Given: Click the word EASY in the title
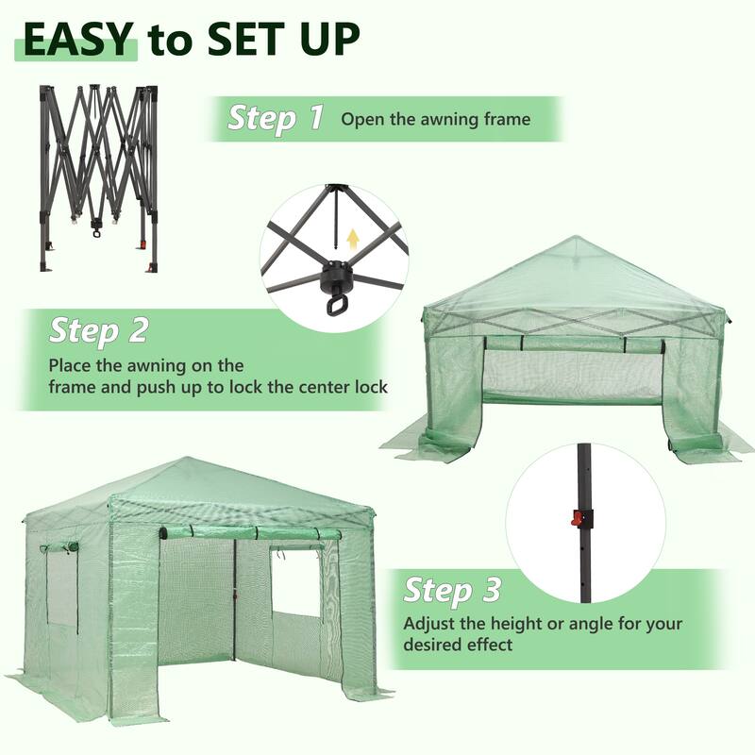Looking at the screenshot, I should pos(78,40).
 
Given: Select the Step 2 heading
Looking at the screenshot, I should pos(98,330).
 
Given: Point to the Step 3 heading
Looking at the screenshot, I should pos(452,592).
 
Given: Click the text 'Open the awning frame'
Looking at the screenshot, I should pos(435,120).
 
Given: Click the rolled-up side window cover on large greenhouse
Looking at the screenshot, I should pos(59,548).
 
